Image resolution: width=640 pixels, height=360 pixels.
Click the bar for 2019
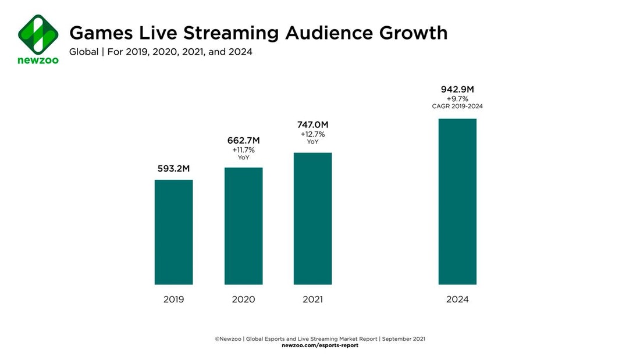point(173,232)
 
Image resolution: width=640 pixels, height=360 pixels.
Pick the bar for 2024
point(457,201)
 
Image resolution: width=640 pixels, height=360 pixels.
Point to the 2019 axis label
point(173,300)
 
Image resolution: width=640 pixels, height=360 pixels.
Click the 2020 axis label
point(243,300)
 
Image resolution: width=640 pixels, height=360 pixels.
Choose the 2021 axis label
point(312,300)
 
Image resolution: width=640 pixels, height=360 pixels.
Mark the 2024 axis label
point(457,300)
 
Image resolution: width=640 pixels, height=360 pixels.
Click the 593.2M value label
point(173,169)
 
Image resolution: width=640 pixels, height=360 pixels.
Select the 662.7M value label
point(243,140)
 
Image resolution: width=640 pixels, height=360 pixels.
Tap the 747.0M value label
point(312,125)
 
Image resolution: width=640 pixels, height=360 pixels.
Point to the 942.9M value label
point(457,90)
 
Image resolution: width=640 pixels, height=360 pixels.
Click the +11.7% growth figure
point(243,150)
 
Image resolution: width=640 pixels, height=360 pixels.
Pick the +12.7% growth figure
point(312,134)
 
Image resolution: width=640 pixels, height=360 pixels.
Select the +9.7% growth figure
point(457,99)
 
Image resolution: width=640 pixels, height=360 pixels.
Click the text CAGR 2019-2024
point(457,106)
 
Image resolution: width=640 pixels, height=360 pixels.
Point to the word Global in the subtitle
point(84,52)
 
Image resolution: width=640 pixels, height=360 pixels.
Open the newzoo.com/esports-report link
point(320,345)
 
